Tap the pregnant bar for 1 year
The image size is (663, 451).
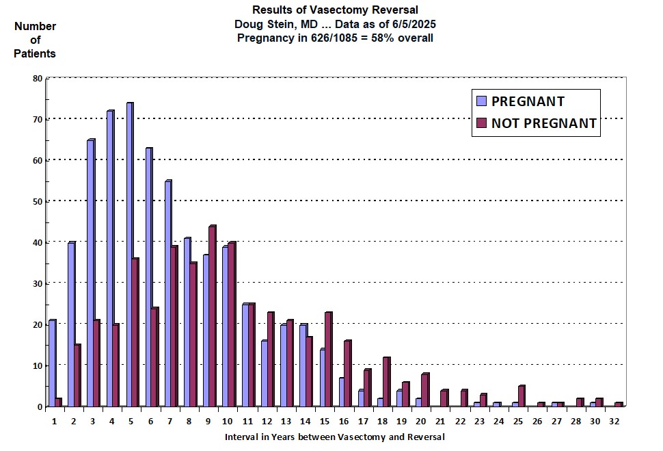pos(52,363)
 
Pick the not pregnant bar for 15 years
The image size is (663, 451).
pos(328,359)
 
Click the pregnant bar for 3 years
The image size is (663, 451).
pos(90,273)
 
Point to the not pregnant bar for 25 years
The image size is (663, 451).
pos(521,396)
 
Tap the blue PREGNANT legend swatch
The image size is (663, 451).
pos(481,101)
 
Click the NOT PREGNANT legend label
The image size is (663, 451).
pos(544,124)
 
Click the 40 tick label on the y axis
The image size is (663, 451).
pos(38,243)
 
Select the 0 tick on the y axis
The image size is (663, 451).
pos(40,407)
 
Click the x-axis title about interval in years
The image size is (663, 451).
pos(335,437)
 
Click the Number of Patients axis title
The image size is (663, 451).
pos(36,40)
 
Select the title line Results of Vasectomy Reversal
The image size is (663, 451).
pos(335,10)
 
